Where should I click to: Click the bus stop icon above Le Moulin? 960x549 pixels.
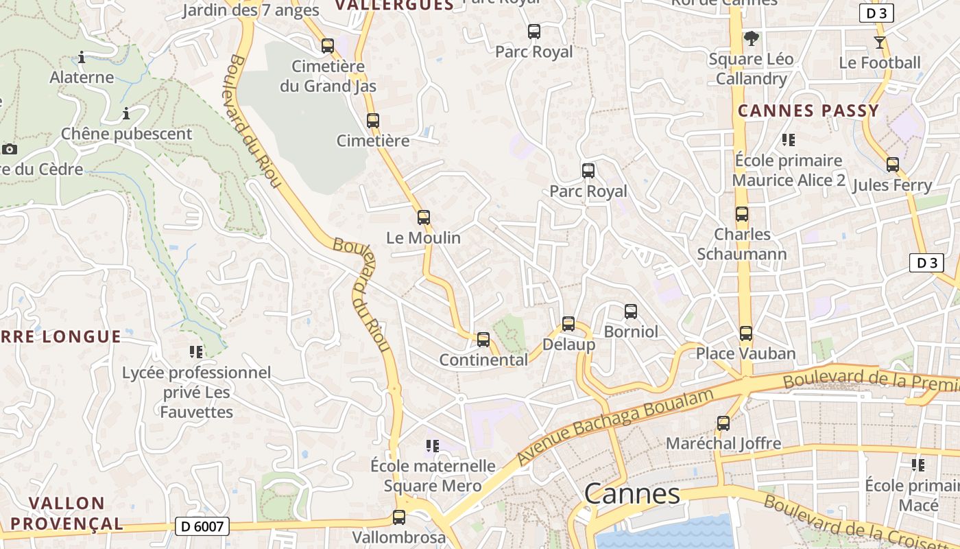click(x=424, y=218)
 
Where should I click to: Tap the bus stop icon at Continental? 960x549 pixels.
click(x=483, y=339)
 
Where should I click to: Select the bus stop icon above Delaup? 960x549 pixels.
click(x=568, y=324)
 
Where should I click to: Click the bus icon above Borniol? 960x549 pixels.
click(x=631, y=312)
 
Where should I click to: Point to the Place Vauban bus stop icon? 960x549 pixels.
click(x=746, y=334)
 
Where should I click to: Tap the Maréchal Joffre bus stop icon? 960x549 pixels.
click(x=723, y=423)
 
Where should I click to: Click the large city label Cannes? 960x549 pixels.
click(x=632, y=494)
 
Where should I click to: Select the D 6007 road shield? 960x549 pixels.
click(x=202, y=526)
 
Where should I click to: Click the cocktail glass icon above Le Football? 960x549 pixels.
click(x=880, y=43)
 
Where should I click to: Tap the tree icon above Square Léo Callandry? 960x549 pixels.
click(x=752, y=38)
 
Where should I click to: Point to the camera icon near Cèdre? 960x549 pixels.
click(x=10, y=149)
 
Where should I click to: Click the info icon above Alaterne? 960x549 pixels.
click(x=82, y=57)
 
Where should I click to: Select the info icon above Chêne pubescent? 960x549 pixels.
click(x=126, y=113)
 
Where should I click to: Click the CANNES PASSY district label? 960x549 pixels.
click(x=808, y=110)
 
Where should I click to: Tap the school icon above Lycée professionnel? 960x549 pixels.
click(x=196, y=352)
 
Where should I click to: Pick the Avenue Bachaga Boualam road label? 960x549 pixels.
click(x=616, y=425)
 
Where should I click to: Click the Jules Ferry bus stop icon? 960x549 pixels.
click(x=893, y=165)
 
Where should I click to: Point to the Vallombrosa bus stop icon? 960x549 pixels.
click(x=399, y=517)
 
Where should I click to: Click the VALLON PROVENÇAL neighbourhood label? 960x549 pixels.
click(x=67, y=513)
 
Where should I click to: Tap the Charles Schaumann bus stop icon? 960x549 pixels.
click(x=742, y=213)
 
